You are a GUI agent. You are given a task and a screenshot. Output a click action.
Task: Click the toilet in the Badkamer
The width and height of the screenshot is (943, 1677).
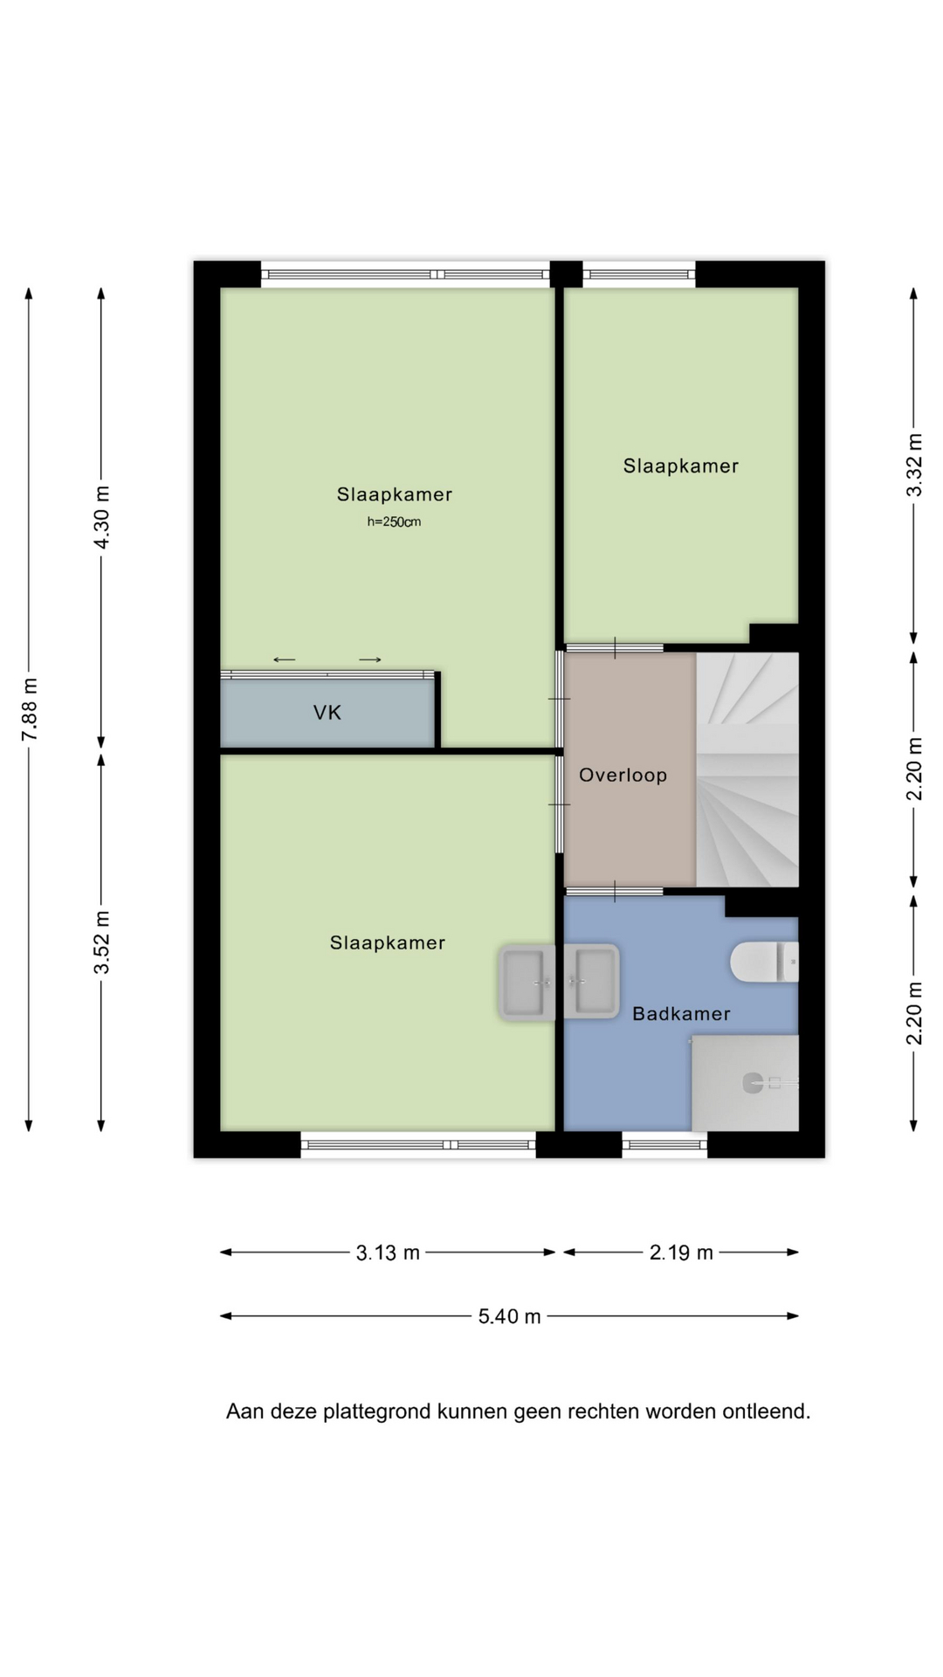tap(764, 962)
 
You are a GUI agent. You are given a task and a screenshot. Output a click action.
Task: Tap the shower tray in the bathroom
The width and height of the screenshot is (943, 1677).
tap(745, 1083)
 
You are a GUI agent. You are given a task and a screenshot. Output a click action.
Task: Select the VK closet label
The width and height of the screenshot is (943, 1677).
tap(327, 713)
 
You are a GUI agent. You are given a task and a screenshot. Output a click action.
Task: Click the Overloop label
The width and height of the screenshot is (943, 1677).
tap(623, 775)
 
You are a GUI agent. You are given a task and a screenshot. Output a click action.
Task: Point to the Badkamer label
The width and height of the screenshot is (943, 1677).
tap(681, 1013)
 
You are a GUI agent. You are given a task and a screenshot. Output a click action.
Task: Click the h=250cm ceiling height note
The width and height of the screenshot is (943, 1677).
tap(394, 522)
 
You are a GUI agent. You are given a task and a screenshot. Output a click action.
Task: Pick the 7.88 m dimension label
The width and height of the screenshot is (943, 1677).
tap(30, 709)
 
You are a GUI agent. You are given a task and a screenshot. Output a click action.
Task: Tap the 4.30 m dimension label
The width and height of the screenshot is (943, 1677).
tap(102, 517)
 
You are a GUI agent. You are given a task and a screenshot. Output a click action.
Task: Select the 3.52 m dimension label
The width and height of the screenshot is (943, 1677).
tap(102, 942)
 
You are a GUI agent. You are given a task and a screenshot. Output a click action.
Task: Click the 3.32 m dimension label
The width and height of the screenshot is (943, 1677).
tap(914, 465)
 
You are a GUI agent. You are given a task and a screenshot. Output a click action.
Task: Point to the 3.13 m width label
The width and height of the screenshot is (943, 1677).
tap(388, 1253)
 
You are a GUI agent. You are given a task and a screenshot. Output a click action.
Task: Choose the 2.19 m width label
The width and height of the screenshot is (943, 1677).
tap(681, 1253)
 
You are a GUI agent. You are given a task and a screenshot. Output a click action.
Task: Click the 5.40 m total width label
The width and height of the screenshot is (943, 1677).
tap(509, 1316)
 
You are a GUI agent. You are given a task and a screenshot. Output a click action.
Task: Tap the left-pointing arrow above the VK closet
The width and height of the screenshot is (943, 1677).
tap(285, 659)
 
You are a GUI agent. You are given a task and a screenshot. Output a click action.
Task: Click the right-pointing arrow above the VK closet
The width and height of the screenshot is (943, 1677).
tap(370, 659)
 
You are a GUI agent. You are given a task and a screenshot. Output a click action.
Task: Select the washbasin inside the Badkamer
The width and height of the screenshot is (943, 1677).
tap(591, 981)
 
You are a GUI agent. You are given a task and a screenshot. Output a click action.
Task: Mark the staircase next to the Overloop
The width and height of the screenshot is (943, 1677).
tap(747, 769)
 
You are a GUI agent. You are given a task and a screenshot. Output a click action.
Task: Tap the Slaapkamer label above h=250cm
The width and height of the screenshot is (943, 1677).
tap(395, 494)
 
